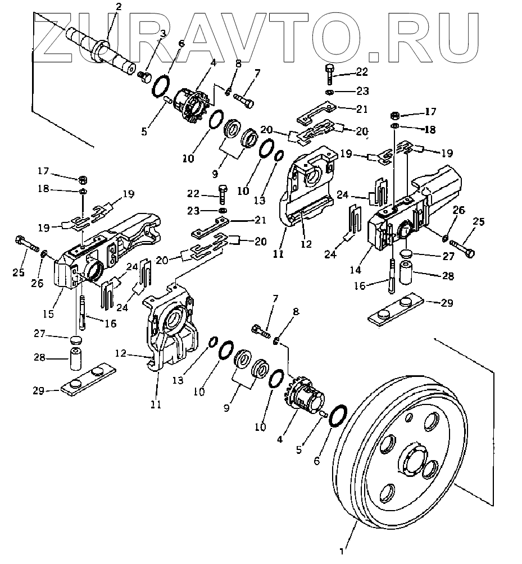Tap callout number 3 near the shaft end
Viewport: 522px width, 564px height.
(163, 34)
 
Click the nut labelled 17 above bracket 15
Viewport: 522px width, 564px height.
(82, 180)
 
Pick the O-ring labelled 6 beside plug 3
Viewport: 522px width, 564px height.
(161, 87)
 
